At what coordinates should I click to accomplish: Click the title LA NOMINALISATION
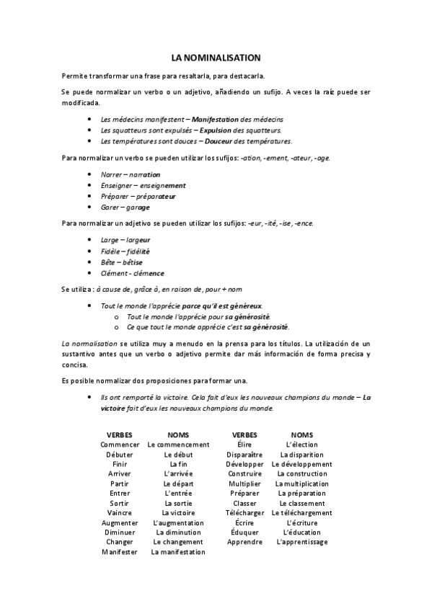[x=216, y=56]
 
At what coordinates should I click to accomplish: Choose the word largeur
[x=138, y=239]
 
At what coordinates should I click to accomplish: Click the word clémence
[x=149, y=273]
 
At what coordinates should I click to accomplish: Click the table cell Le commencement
[x=177, y=445]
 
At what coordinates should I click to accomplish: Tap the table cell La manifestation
[x=177, y=552]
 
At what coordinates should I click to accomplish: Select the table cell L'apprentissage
[x=301, y=542]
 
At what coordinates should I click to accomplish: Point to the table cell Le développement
[x=301, y=464]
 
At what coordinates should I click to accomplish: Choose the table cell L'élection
[x=301, y=445]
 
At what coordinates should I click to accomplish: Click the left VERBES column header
[x=119, y=435]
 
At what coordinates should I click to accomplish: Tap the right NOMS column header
[x=301, y=435]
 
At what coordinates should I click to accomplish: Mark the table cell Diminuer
[x=119, y=532]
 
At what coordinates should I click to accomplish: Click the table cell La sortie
[x=177, y=503]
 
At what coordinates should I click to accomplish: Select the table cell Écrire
[x=244, y=522]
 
